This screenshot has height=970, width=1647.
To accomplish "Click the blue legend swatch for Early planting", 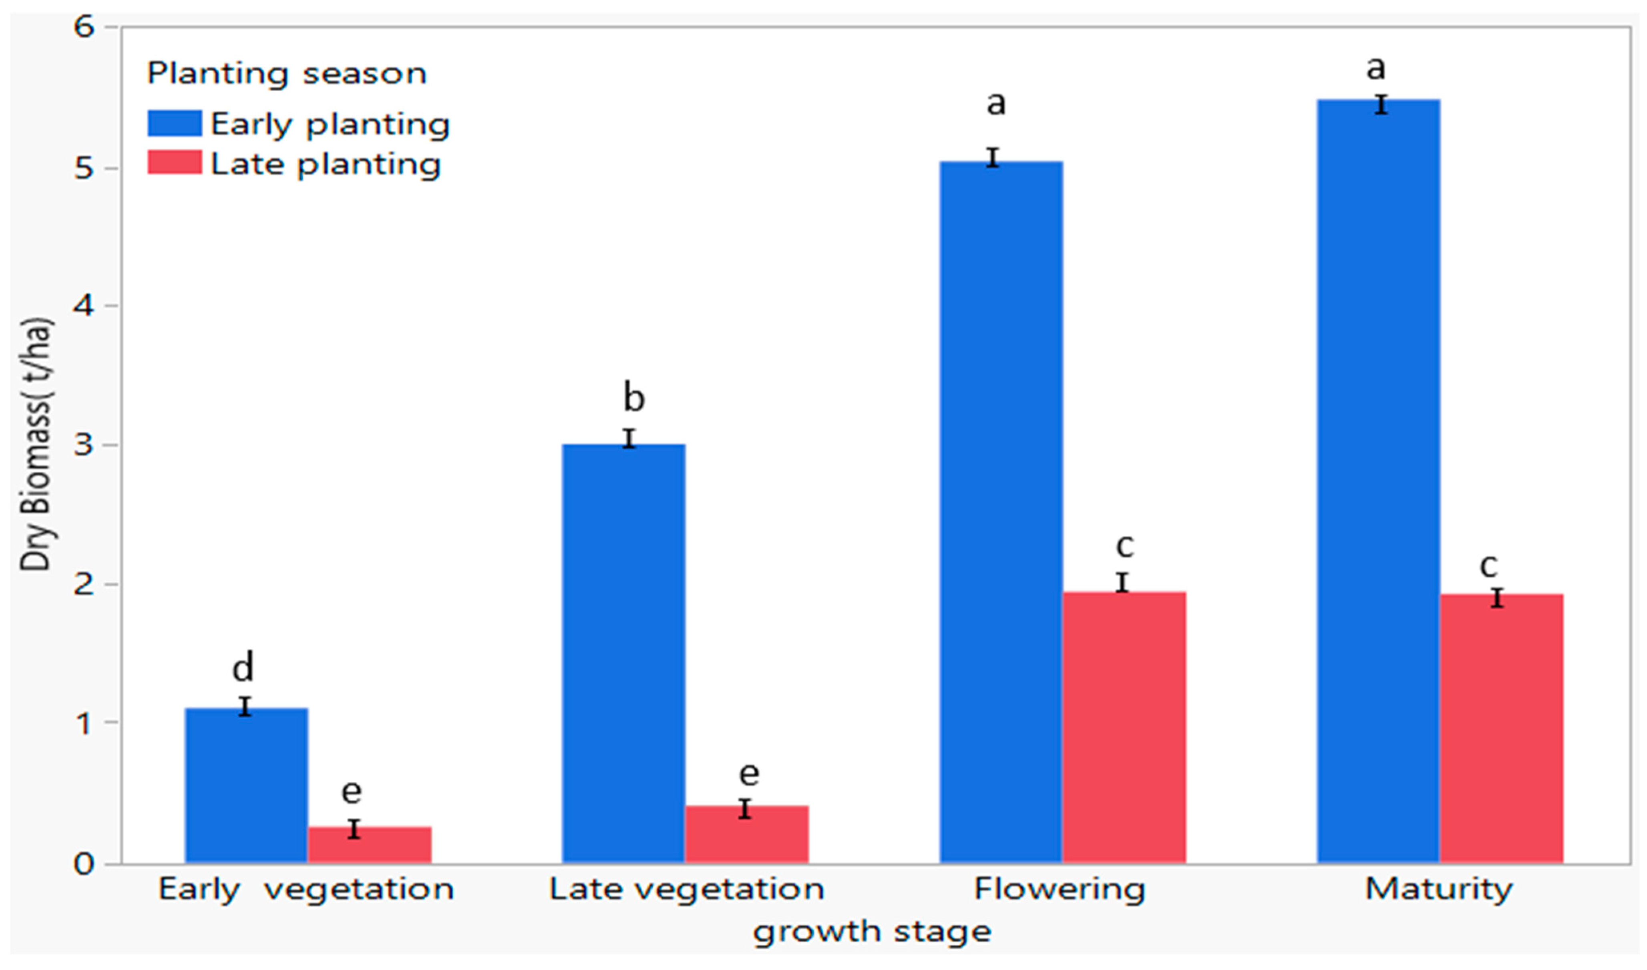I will point(175,123).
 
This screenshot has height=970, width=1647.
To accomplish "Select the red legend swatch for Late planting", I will point(175,163).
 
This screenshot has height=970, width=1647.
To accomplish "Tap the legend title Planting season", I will point(287,73).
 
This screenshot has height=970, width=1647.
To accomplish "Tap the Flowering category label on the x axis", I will point(1060,889).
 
